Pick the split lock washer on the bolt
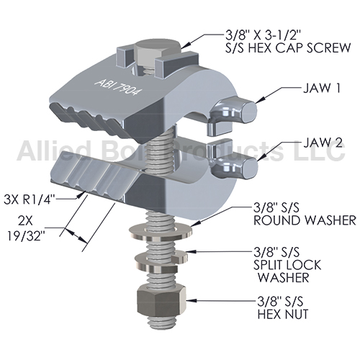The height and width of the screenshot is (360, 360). (x=161, y=261)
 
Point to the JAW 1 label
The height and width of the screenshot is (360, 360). (x=322, y=89)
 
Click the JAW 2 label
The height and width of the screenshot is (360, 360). (x=323, y=143)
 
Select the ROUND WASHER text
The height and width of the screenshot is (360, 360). (x=305, y=220)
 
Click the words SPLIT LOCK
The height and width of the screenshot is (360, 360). (x=287, y=265)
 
